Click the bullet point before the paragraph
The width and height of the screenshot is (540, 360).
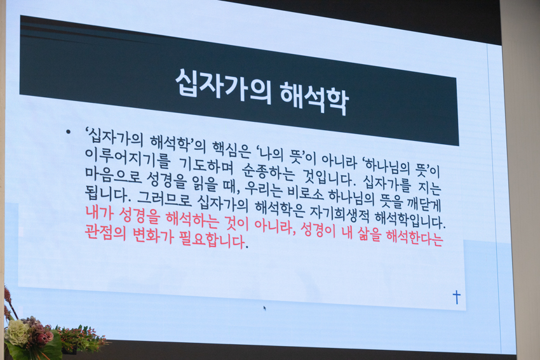pyautogui.click(x=69, y=132)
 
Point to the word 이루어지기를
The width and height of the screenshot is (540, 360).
pyautogui.click(x=128, y=157)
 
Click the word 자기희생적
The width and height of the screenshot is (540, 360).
pyautogui.click(x=339, y=215)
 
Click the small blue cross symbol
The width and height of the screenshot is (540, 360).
pyautogui.click(x=457, y=297)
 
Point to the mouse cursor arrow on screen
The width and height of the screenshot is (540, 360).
pyautogui.click(x=264, y=308)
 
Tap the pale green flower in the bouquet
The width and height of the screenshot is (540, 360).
pyautogui.click(x=17, y=333)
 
